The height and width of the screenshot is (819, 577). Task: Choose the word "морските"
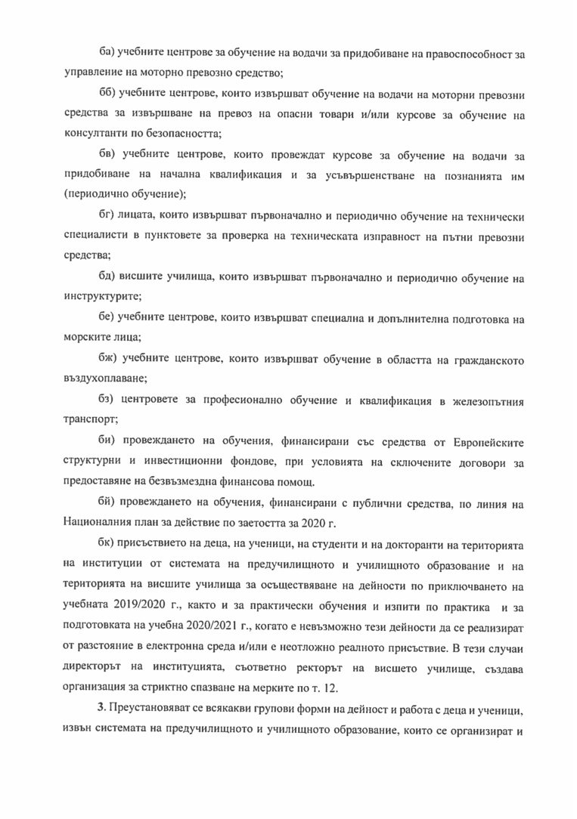pos(85,338)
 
